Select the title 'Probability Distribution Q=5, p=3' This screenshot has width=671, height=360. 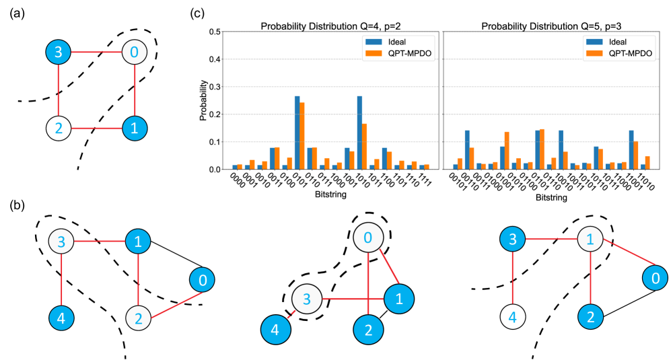[552, 26]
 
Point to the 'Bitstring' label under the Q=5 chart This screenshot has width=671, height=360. [553, 199]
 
